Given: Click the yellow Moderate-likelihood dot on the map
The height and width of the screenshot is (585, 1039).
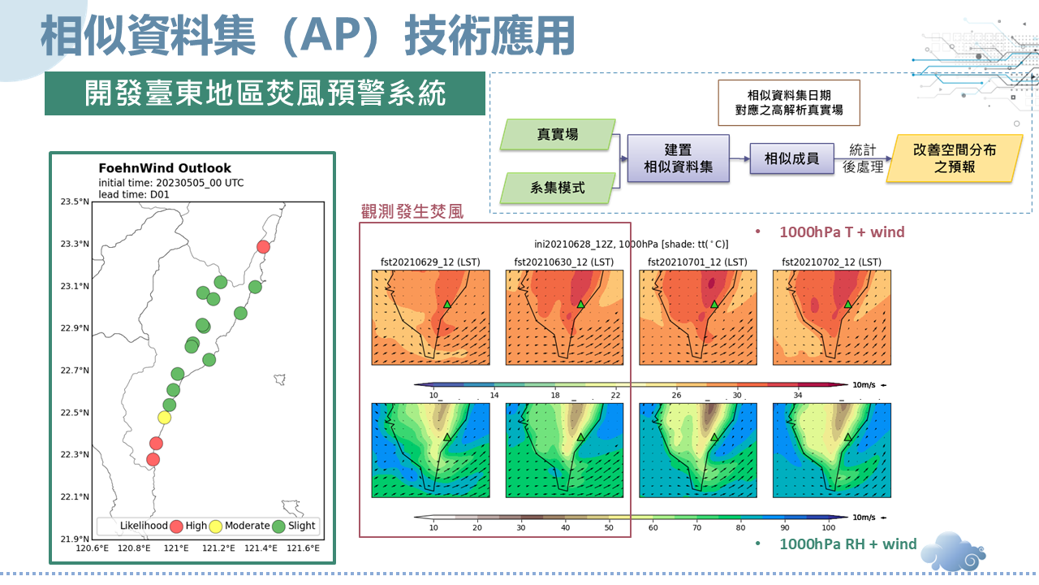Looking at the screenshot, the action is click(x=164, y=418).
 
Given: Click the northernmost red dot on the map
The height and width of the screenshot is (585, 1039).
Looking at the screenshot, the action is click(x=264, y=246).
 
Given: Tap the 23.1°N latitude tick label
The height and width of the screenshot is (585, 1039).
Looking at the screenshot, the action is click(x=75, y=286).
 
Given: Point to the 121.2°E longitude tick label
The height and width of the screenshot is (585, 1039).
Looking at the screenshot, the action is click(x=218, y=548).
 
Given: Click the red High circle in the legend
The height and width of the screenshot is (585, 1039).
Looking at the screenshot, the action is click(x=176, y=526).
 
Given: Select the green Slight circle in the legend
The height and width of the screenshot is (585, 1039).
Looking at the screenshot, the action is click(x=278, y=526).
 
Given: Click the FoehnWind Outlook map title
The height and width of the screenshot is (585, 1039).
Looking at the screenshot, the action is click(x=165, y=168).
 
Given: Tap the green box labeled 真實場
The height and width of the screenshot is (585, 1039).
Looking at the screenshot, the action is click(x=558, y=134).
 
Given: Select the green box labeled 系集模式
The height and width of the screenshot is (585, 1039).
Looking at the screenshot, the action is click(x=558, y=188).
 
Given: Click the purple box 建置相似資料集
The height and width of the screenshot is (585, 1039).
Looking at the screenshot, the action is click(x=678, y=158).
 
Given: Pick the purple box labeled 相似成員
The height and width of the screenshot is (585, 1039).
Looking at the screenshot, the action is click(x=791, y=158).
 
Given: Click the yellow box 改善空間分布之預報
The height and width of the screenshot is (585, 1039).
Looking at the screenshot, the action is click(x=955, y=158).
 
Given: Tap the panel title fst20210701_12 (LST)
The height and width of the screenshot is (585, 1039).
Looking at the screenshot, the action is click(x=697, y=262).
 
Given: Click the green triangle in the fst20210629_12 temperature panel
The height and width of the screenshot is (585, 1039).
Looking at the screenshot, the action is click(x=447, y=305).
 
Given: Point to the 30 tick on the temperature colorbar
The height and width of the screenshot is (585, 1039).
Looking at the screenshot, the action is click(x=737, y=395).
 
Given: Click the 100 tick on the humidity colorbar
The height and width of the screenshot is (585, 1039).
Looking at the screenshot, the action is click(x=829, y=527).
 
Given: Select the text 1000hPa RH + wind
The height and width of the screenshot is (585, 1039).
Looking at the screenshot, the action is click(x=848, y=544).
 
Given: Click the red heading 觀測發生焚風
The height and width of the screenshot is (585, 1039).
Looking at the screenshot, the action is click(x=412, y=212).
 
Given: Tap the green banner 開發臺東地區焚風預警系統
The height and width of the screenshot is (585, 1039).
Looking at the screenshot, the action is click(x=265, y=93).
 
